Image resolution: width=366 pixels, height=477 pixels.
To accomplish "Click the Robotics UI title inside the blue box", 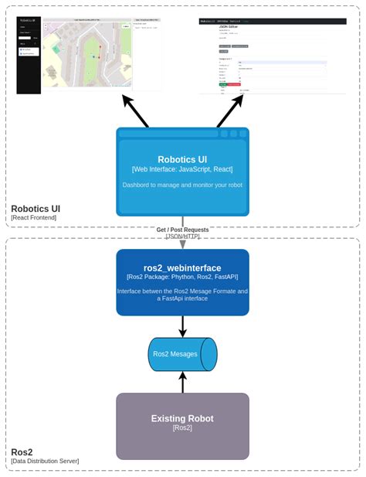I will tap(182, 160).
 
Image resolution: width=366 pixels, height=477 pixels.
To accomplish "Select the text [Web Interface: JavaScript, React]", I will tap(182, 169).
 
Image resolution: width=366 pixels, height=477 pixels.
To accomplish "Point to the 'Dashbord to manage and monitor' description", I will tap(182, 185).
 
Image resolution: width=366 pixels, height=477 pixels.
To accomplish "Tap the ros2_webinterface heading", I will tap(182, 267).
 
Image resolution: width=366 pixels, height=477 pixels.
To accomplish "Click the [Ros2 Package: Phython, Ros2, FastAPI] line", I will tap(182, 276).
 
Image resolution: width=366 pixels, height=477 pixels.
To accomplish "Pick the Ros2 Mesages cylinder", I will tap(182, 354).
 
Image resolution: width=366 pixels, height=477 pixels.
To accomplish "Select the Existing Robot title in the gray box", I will tap(182, 418).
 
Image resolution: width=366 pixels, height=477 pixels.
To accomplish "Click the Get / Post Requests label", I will tap(182, 230).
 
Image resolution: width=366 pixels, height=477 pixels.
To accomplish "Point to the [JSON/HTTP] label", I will tap(182, 236).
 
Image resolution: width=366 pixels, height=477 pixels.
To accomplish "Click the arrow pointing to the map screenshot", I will tap(135, 111).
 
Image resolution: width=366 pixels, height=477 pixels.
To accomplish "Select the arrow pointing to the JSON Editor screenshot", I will tap(230, 111).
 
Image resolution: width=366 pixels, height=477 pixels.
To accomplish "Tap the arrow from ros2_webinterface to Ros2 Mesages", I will tap(182, 326).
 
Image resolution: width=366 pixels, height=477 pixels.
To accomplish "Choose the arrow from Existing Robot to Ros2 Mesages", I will tap(182, 382).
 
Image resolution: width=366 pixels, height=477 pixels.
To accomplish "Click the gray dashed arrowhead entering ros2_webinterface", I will tap(182, 244).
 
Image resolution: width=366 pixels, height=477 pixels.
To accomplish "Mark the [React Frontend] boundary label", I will tap(34, 218).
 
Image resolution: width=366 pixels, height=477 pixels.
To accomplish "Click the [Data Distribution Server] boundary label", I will tap(45, 461).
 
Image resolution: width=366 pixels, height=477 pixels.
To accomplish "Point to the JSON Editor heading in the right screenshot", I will tap(229, 26).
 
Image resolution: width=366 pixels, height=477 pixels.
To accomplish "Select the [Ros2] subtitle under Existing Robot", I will tap(182, 428).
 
